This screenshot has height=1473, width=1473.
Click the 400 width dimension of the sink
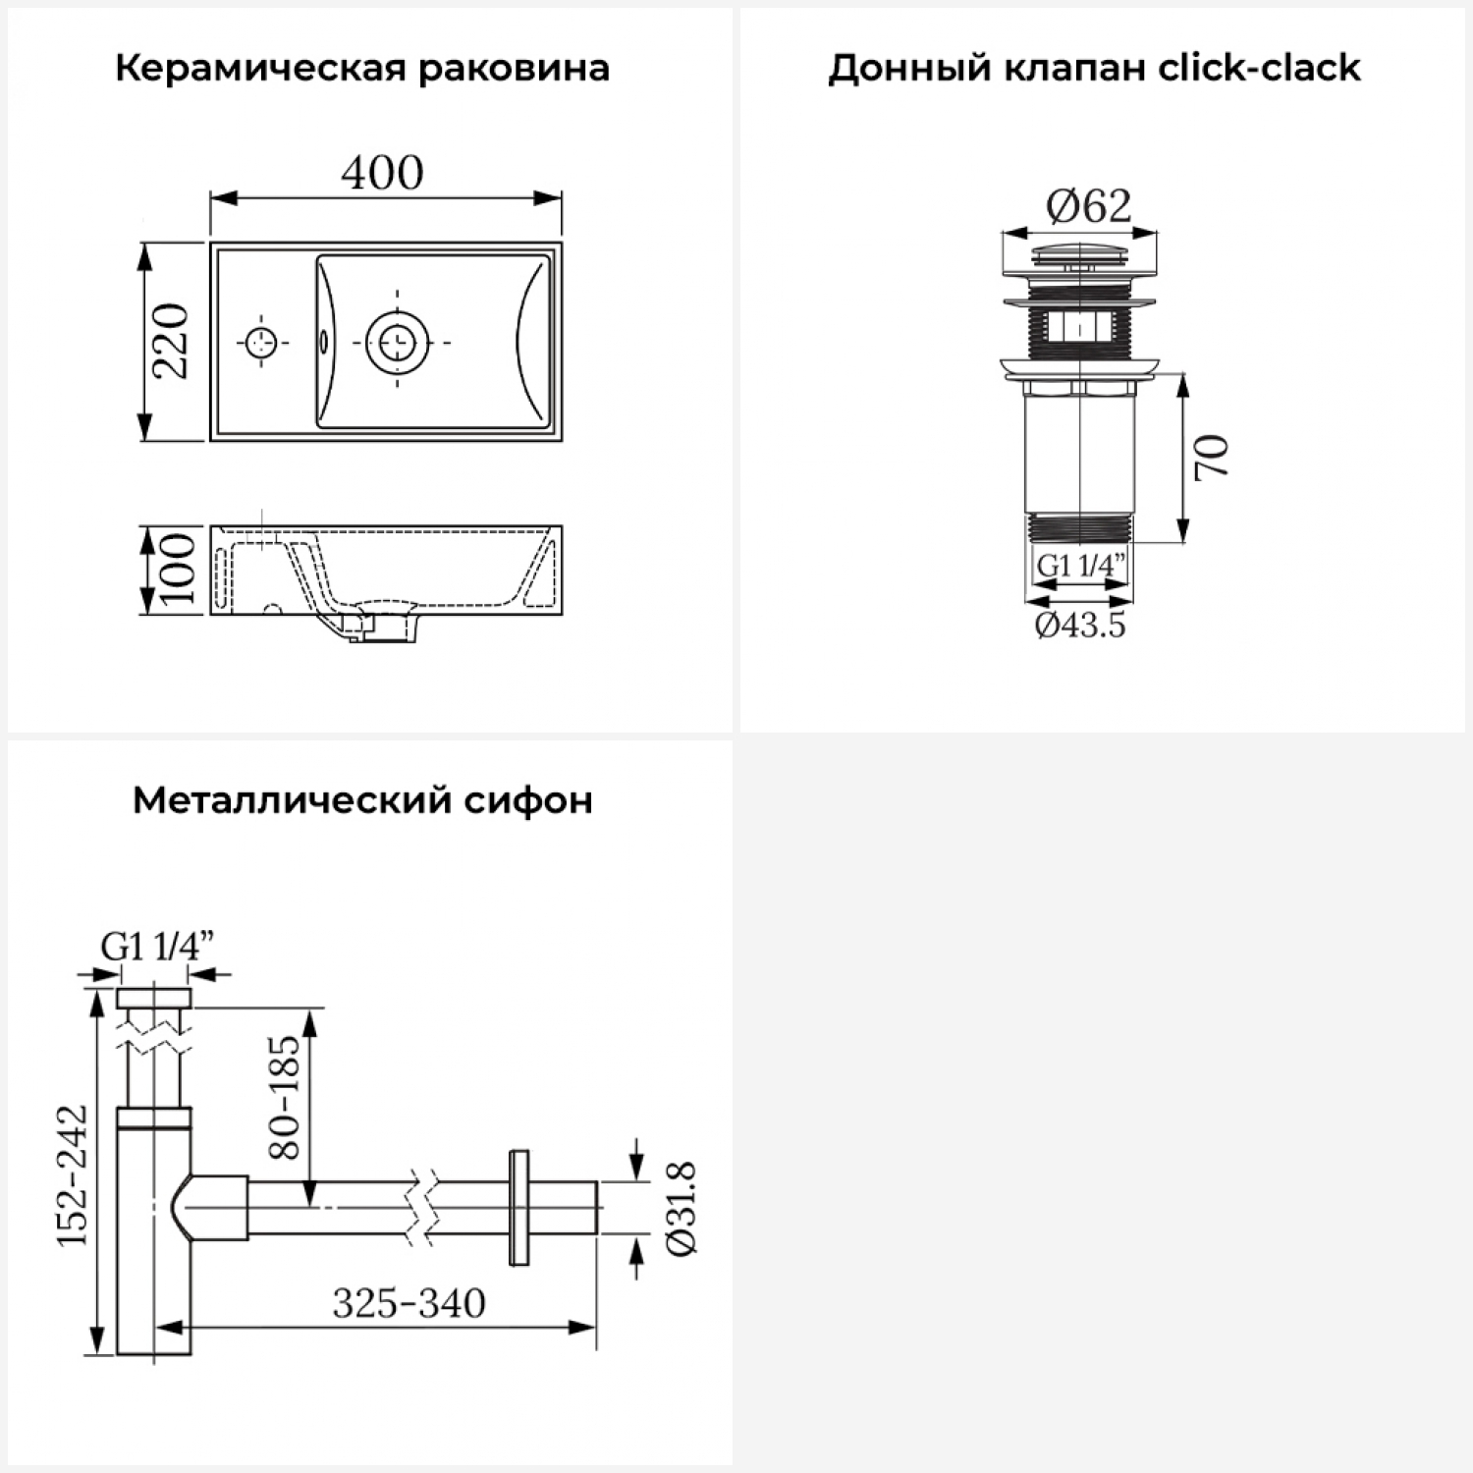[382, 173]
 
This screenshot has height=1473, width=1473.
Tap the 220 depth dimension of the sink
[171, 341]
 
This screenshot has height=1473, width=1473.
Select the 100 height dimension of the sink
[178, 570]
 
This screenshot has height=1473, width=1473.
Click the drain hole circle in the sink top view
[397, 342]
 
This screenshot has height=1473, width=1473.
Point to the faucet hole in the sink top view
[261, 342]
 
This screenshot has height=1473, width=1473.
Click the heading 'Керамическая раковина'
[362, 69]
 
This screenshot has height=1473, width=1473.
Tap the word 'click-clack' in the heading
[1260, 69]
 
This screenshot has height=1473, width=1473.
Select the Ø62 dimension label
[1088, 206]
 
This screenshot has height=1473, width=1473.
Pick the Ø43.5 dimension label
[1080, 625]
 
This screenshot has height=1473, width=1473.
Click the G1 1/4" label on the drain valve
[1080, 566]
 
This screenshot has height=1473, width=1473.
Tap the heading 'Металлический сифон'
[362, 800]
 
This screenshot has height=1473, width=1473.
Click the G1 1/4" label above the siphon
[157, 947]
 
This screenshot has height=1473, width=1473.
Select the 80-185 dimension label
[284, 1096]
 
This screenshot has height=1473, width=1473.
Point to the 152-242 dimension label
[73, 1175]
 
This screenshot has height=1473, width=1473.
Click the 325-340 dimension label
[409, 1303]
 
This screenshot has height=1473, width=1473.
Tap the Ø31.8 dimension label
[682, 1208]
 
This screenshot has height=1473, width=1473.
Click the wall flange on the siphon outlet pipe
[518, 1207]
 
